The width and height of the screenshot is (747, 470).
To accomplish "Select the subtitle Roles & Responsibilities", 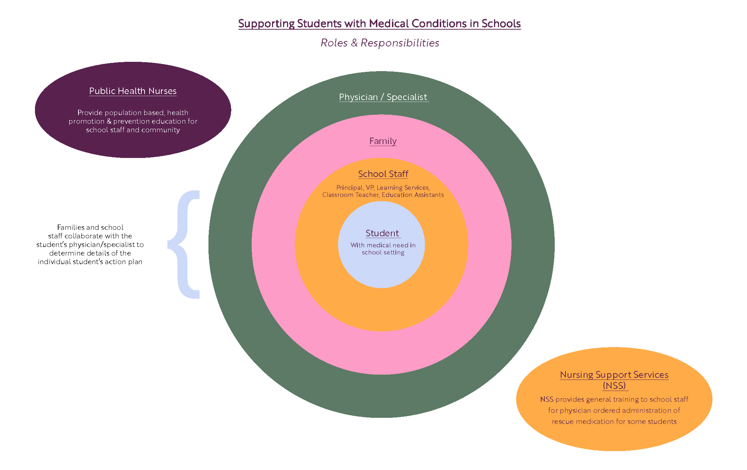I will click(x=380, y=43).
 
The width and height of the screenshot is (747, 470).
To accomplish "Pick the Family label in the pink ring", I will click(x=383, y=141).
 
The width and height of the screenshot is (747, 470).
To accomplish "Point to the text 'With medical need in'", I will click(x=383, y=245).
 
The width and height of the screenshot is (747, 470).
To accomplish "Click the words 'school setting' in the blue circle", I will click(x=383, y=253).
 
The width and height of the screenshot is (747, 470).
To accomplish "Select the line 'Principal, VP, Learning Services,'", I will click(x=383, y=188).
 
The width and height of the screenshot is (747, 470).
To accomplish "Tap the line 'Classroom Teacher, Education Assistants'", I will click(x=383, y=195).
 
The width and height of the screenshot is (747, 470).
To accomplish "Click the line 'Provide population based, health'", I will click(x=133, y=112).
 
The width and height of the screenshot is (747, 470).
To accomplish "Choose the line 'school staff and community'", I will click(x=133, y=130).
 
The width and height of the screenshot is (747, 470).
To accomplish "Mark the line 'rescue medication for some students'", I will click(x=614, y=422).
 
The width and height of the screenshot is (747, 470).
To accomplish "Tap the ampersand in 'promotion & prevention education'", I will click(x=109, y=121).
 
